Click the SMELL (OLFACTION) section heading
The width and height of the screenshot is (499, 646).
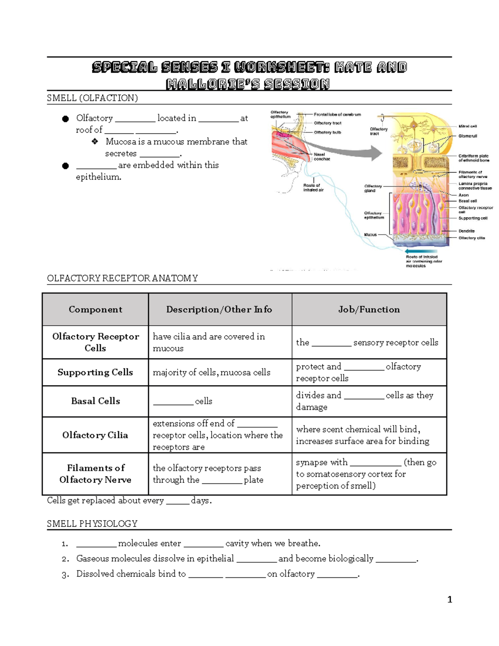(92, 98)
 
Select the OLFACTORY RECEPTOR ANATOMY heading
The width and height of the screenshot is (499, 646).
(122, 278)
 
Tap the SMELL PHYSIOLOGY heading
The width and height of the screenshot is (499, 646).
(92, 524)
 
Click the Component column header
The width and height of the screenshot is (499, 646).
(95, 309)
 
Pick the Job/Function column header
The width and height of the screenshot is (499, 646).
(369, 309)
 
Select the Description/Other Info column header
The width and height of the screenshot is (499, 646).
(219, 309)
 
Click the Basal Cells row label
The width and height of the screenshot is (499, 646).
(95, 401)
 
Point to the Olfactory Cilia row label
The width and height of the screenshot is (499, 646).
(95, 435)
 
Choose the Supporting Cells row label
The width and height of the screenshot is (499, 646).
(95, 372)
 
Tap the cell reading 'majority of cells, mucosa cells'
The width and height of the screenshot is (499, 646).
(211, 372)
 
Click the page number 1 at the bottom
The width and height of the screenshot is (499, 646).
(450, 599)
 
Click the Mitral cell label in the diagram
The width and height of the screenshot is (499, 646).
(467, 126)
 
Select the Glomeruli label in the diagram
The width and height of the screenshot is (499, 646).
(467, 136)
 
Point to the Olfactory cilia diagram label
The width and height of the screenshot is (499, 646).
(472, 238)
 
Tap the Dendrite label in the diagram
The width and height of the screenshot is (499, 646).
(466, 231)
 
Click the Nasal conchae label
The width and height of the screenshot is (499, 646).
(321, 156)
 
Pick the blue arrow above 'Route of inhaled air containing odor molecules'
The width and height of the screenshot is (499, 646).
(420, 251)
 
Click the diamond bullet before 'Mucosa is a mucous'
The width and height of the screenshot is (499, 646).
(95, 142)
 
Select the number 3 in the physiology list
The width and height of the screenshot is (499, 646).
(64, 575)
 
